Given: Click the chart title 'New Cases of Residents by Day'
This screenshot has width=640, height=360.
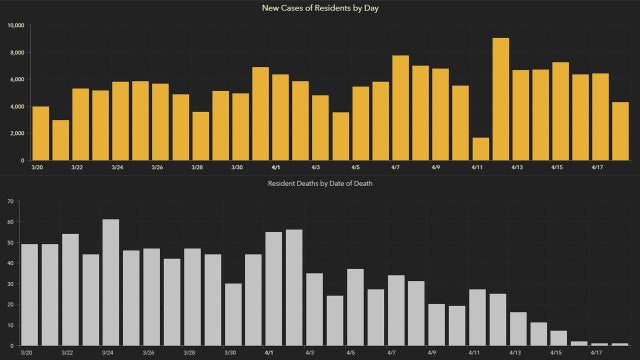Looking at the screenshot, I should (x=320, y=8).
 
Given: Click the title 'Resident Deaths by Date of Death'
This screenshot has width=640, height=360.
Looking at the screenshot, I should (x=320, y=185).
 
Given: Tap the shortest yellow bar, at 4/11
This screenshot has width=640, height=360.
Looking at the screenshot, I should (x=480, y=149).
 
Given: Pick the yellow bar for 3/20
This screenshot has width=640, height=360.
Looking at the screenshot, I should (x=40, y=133).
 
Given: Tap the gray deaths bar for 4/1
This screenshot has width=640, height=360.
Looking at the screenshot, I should (x=273, y=289).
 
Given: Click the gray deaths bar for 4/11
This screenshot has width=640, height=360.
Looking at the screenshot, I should (x=477, y=318).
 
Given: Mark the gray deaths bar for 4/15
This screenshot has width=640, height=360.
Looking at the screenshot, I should (x=558, y=338).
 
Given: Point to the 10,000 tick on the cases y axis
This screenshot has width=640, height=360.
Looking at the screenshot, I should (x=14, y=24).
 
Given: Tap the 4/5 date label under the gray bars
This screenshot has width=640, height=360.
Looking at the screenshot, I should (x=355, y=353).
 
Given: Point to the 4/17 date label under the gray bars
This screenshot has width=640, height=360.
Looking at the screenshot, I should (x=598, y=353).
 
